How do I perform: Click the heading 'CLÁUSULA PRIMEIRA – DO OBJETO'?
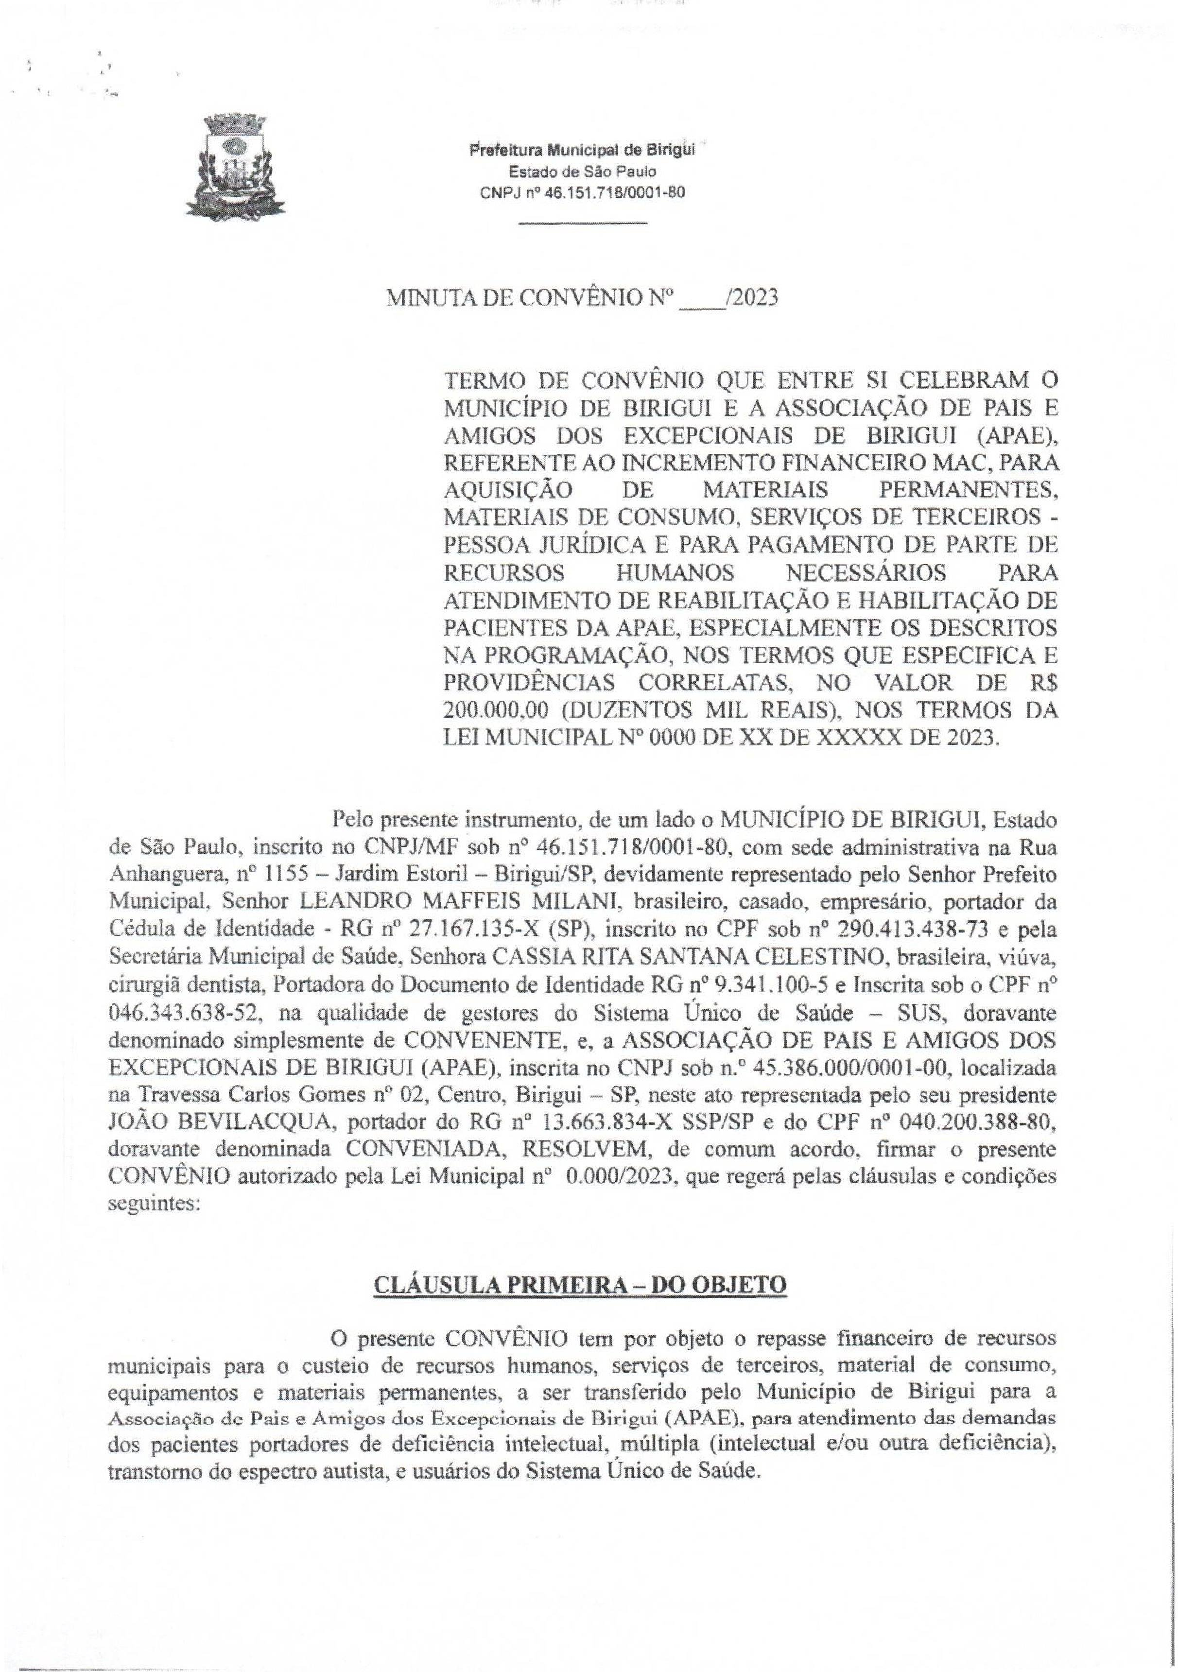click(580, 1305)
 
